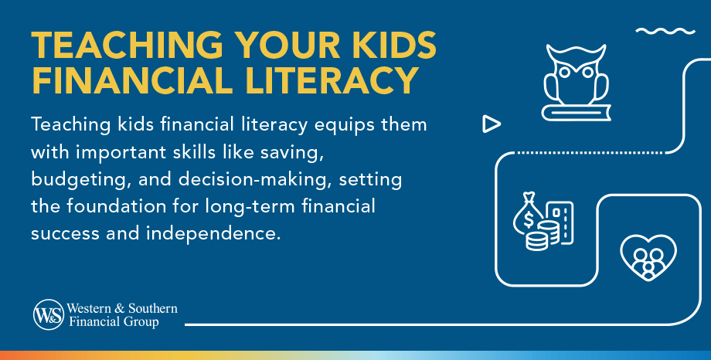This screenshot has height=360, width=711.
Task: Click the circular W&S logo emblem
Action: point(47,314)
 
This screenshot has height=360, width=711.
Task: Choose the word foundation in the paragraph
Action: point(136,207)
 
